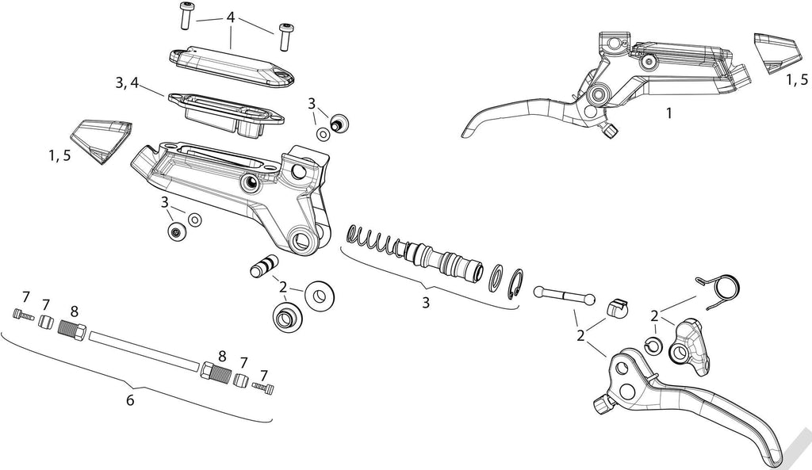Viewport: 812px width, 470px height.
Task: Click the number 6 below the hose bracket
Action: (x=130, y=400)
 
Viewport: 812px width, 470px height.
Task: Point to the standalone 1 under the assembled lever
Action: (x=668, y=113)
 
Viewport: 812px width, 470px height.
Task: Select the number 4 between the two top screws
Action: (x=231, y=17)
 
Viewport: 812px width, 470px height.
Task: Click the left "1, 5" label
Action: (x=59, y=155)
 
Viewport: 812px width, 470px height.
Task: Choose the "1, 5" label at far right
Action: (x=797, y=80)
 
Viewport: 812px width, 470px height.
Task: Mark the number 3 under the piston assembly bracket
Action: (x=426, y=303)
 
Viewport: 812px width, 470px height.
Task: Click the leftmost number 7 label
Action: (x=25, y=297)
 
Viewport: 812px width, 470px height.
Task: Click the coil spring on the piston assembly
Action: (x=374, y=241)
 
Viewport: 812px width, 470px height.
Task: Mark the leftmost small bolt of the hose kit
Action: (x=22, y=316)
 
